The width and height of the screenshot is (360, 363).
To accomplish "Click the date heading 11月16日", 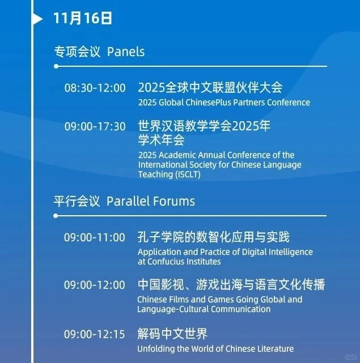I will (83, 18).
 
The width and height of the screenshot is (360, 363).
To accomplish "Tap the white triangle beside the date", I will (37, 19).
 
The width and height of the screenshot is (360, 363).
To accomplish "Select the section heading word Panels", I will (126, 52).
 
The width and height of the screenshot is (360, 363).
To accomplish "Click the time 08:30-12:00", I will (95, 88).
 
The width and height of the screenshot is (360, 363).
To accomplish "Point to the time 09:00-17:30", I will (95, 126).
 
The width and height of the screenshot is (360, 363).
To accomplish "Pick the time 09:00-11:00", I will (94, 237).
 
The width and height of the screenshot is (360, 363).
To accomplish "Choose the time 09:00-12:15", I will (94, 334).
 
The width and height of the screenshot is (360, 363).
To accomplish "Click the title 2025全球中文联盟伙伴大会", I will (210, 88).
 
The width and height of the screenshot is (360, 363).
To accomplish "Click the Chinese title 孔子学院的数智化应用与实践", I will (213, 237).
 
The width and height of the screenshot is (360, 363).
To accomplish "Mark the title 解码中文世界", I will (172, 334).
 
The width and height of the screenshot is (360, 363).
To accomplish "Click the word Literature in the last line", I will (274, 348).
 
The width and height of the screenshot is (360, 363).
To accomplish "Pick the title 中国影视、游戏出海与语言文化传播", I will (231, 284).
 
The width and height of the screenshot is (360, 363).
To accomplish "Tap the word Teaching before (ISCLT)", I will (154, 174).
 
